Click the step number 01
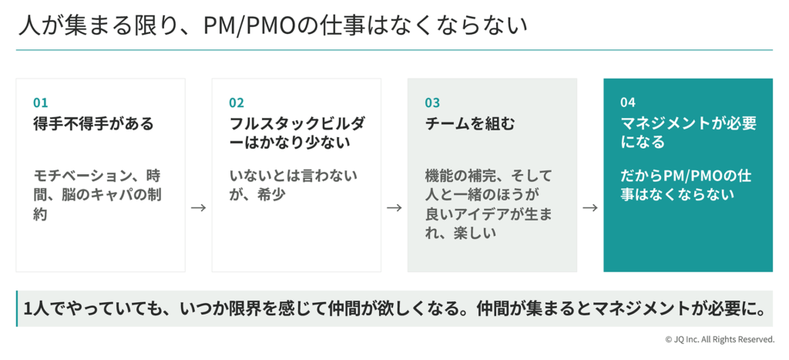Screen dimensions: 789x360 pyautogui.click(x=40, y=103)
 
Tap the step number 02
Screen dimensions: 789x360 pyautogui.click(x=237, y=103)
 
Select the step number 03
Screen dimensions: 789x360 pyautogui.click(x=432, y=103)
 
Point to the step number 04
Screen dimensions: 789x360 pyautogui.click(x=628, y=103)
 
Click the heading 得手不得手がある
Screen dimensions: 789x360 pyautogui.click(x=93, y=123)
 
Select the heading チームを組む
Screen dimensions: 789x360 pyautogui.click(x=470, y=123)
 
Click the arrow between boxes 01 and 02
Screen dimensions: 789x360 pyautogui.click(x=198, y=207)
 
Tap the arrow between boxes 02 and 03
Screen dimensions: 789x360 pyautogui.click(x=394, y=207)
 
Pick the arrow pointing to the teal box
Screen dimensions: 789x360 pyautogui.click(x=590, y=207)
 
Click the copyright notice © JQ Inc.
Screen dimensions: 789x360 pyautogui.click(x=720, y=339)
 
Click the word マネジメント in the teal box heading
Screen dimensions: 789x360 pyautogui.click(x=665, y=123)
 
